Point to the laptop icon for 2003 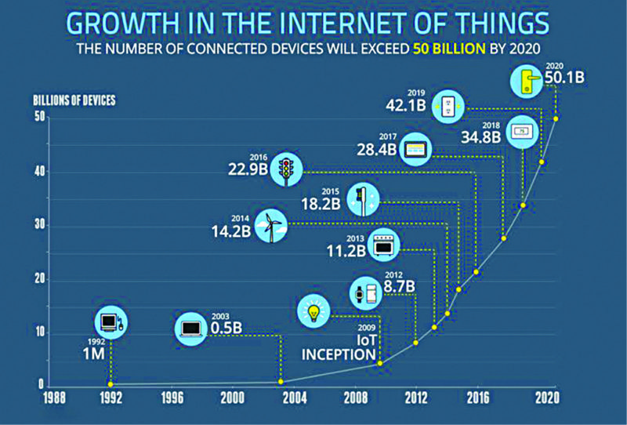pos(191,328)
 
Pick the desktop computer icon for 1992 pos(111,321)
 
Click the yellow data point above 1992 pos(111,383)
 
